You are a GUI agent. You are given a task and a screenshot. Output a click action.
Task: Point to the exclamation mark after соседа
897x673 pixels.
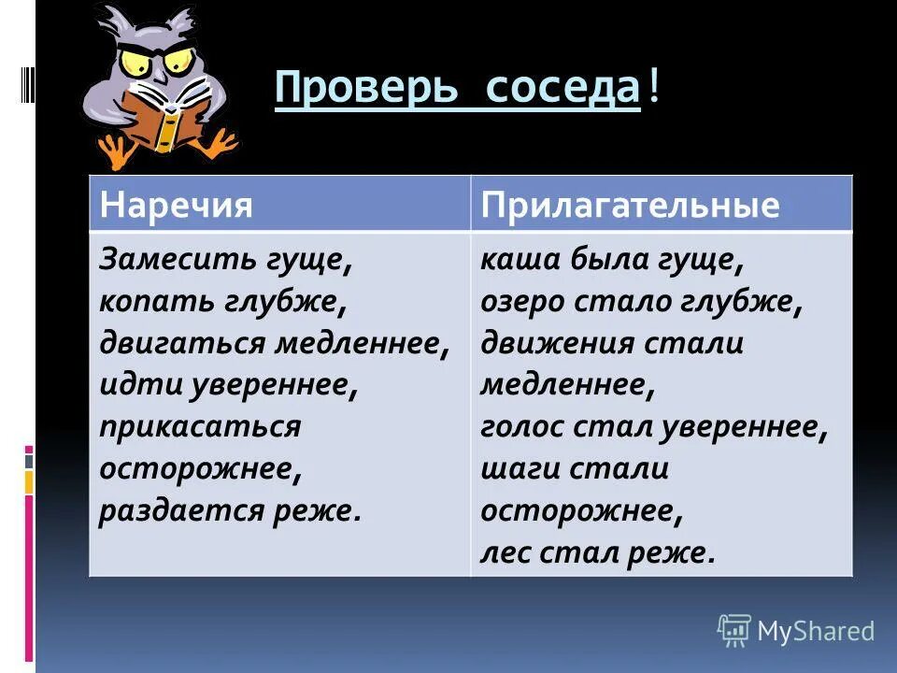[652, 90]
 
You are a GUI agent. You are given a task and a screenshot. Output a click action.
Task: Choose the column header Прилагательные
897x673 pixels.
[630, 205]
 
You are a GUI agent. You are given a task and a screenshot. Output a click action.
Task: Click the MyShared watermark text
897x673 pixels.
[815, 631]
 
